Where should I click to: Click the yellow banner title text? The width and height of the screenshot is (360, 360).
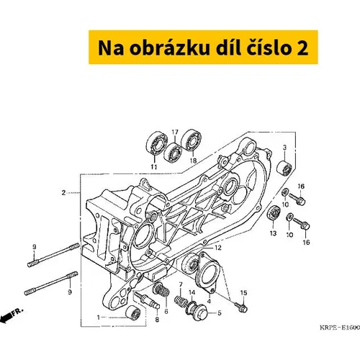tap(203, 48)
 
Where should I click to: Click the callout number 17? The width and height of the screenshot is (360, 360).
tap(175, 132)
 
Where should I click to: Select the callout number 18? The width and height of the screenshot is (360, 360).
tap(193, 161)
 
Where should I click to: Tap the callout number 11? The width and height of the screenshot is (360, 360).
tap(154, 167)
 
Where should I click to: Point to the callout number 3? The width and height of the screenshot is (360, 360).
tap(284, 148)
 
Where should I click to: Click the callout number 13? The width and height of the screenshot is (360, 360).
tap(273, 233)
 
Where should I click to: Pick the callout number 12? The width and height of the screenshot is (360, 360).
tap(218, 248)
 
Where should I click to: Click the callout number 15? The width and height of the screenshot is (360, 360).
tap(243, 293)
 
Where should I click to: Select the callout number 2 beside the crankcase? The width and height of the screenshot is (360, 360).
tap(63, 193)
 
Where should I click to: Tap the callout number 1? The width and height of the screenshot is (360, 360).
tap(99, 318)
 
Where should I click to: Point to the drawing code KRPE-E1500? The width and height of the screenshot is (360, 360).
tap(340, 328)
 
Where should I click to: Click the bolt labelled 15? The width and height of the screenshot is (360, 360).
tap(240, 307)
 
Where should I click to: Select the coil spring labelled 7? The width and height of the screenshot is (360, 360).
tap(181, 301)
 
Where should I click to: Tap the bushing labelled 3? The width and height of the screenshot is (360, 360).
tap(284, 168)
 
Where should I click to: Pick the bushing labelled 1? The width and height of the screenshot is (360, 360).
tap(133, 312)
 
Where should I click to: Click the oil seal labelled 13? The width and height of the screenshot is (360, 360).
tap(274, 212)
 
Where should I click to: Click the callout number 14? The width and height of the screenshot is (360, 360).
tap(192, 292)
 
